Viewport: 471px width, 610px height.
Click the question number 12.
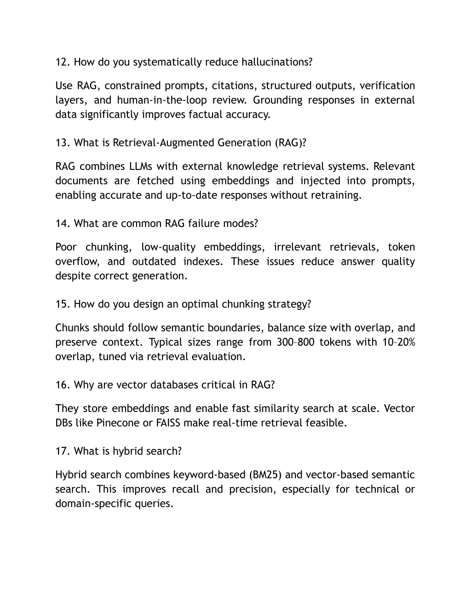(62, 62)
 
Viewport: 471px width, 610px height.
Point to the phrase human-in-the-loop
(161, 100)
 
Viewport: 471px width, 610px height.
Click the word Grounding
(278, 100)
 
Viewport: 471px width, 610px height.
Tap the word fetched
(155, 180)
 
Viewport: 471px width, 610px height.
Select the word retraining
(336, 195)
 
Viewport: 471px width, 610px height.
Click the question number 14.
(62, 223)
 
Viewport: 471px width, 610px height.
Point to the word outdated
(154, 261)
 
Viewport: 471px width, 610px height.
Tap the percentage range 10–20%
(398, 342)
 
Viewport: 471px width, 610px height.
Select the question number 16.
(62, 385)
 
